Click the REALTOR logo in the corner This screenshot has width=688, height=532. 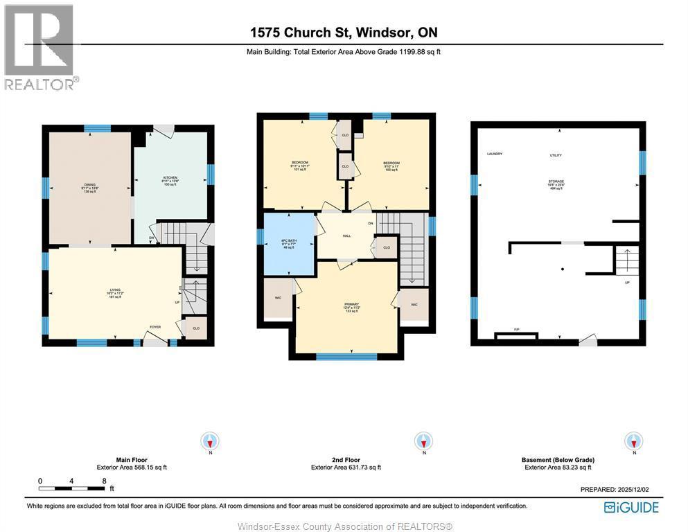39,46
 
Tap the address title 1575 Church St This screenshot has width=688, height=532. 344,33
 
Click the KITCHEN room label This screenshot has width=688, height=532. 170,179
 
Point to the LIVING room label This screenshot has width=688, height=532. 115,292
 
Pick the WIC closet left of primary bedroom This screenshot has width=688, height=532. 277,298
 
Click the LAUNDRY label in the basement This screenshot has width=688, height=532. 494,154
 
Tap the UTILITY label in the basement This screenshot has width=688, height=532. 556,156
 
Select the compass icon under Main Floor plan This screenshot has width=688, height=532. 210,441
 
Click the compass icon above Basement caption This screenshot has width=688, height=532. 633,441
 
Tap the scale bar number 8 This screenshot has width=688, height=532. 104,480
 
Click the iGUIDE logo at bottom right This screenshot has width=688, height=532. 631,507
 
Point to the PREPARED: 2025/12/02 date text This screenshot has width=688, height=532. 619,489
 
